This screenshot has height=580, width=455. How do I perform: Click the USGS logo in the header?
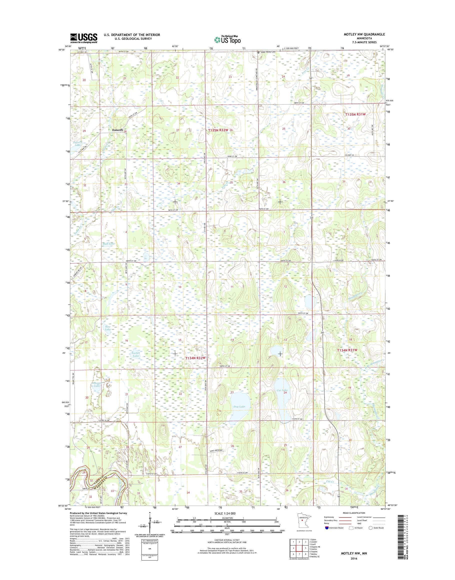coord(84,38)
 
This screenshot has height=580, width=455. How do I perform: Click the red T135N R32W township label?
coord(218,130)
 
